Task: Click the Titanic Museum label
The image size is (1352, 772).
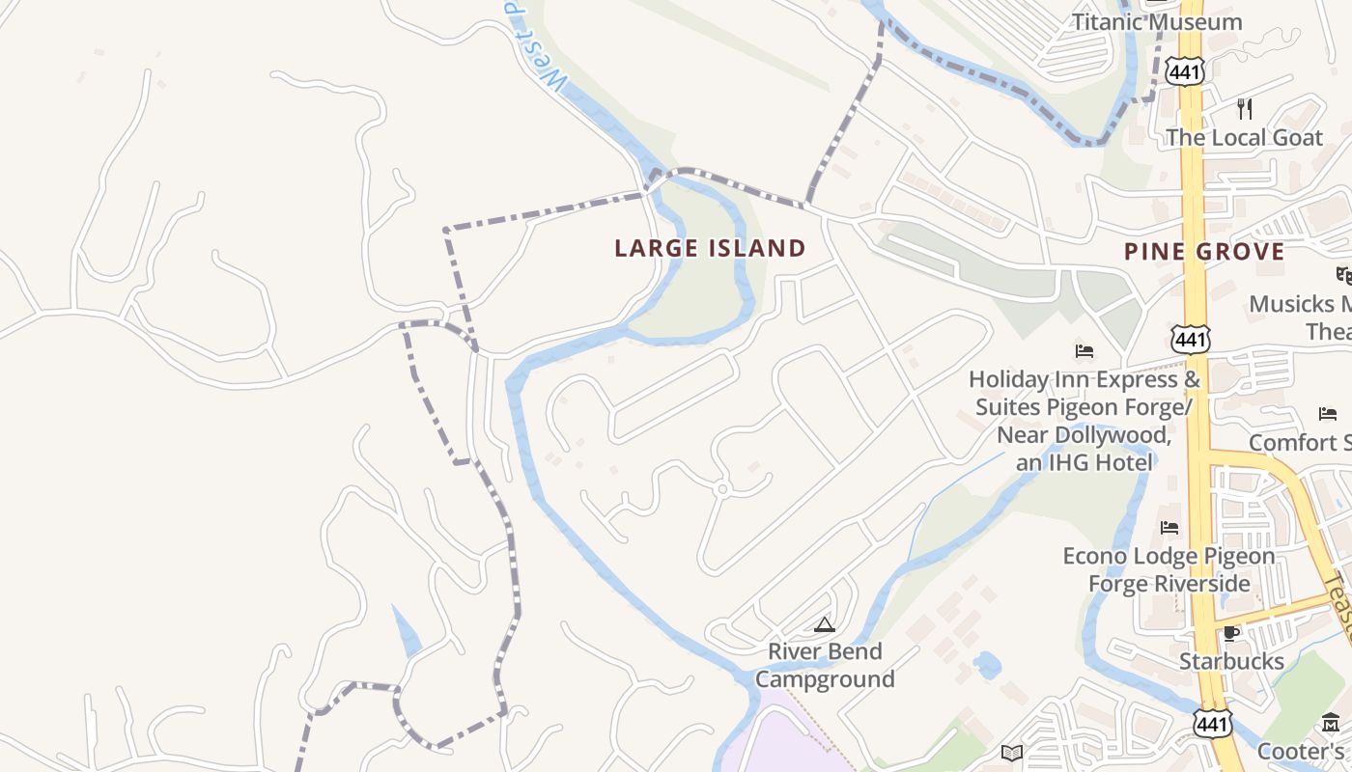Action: [1157, 21]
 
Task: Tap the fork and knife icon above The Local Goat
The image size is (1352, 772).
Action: [1245, 108]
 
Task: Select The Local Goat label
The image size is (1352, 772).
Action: [1244, 137]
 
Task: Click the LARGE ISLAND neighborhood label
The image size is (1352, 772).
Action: [710, 248]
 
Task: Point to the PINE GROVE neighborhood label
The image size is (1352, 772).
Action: [1204, 252]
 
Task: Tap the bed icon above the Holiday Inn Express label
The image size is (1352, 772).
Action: [1084, 350]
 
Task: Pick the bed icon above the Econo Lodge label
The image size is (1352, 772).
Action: [1169, 528]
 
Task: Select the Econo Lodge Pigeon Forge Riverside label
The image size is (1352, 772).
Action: [1169, 570]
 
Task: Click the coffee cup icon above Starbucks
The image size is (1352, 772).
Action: [1230, 633]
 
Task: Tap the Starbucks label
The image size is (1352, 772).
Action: [1231, 661]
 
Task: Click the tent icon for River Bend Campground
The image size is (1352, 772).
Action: [823, 624]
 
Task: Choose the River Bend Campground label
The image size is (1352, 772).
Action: [825, 665]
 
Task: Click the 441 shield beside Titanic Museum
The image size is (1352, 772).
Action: [1183, 69]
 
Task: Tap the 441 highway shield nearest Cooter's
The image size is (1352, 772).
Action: [1211, 725]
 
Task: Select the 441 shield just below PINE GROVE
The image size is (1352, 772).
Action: [1190, 339]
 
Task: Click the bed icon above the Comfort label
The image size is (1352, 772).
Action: [1328, 414]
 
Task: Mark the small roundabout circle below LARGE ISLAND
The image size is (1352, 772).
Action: [721, 489]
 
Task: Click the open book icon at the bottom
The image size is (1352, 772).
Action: [1011, 753]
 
